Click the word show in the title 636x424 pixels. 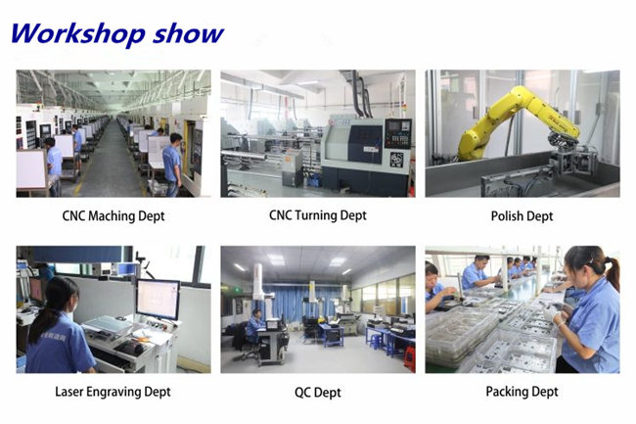pyautogui.click(x=188, y=34)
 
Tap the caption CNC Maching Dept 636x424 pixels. pyautogui.click(x=114, y=215)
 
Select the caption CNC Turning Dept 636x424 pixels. pyautogui.click(x=318, y=215)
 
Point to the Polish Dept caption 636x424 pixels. pyautogui.click(x=522, y=215)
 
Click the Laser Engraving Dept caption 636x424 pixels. pyautogui.click(x=114, y=392)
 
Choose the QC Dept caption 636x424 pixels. pyautogui.click(x=318, y=393)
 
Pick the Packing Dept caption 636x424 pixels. pyautogui.click(x=522, y=392)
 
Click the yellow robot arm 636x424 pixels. pyautogui.click(x=515, y=121)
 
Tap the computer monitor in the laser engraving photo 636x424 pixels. pyautogui.click(x=158, y=300)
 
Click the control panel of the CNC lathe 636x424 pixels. pyautogui.click(x=398, y=133)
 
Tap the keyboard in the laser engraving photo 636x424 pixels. pyautogui.click(x=130, y=348)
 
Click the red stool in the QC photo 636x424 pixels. pyautogui.click(x=410, y=358)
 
